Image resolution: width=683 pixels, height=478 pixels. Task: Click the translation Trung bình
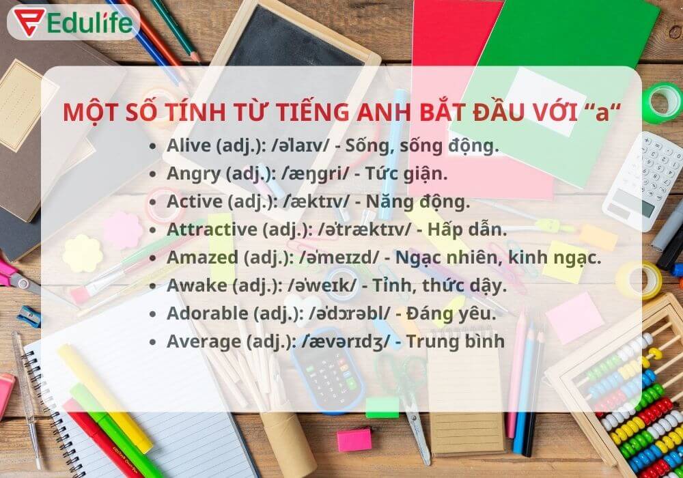[456, 341]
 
